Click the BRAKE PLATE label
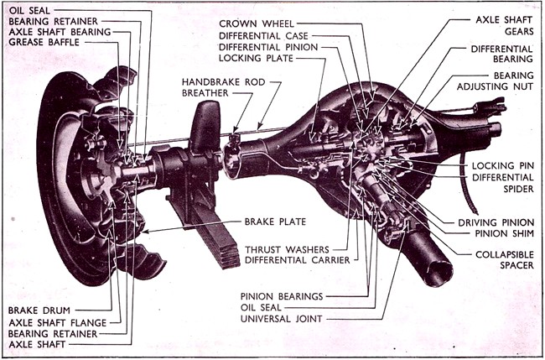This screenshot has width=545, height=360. coord(273,222)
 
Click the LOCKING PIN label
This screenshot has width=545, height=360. coord(502,166)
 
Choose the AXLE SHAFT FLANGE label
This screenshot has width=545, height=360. coord(56,321)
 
